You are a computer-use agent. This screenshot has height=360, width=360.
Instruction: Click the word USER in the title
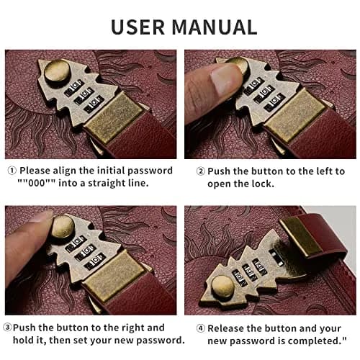138,27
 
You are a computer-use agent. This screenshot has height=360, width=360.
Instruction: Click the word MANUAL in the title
215,27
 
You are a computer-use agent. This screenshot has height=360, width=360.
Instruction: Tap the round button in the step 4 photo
222,287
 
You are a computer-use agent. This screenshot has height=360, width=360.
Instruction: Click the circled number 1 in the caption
12,171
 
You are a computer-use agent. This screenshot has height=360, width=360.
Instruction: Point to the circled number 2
201,171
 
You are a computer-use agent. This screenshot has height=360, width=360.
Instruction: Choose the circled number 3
7,327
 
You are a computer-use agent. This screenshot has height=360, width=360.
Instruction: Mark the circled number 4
201,328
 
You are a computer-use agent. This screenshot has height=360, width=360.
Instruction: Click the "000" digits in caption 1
37,183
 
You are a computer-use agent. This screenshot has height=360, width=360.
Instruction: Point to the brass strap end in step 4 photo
301,236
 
